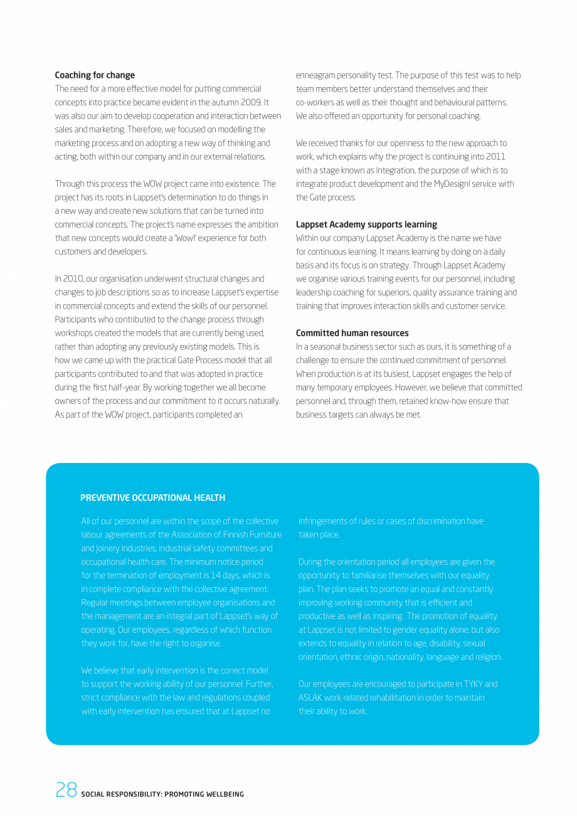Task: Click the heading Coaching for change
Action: (x=95, y=75)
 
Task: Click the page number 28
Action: (x=66, y=790)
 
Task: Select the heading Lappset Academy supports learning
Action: (x=366, y=225)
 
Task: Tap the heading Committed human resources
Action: (x=352, y=333)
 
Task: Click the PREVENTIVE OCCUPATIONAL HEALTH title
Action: (x=152, y=498)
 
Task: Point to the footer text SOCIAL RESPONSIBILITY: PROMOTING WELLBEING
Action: (x=162, y=794)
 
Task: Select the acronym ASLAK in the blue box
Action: (x=312, y=698)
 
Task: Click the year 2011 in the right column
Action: (x=495, y=157)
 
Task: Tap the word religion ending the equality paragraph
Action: (x=487, y=657)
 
